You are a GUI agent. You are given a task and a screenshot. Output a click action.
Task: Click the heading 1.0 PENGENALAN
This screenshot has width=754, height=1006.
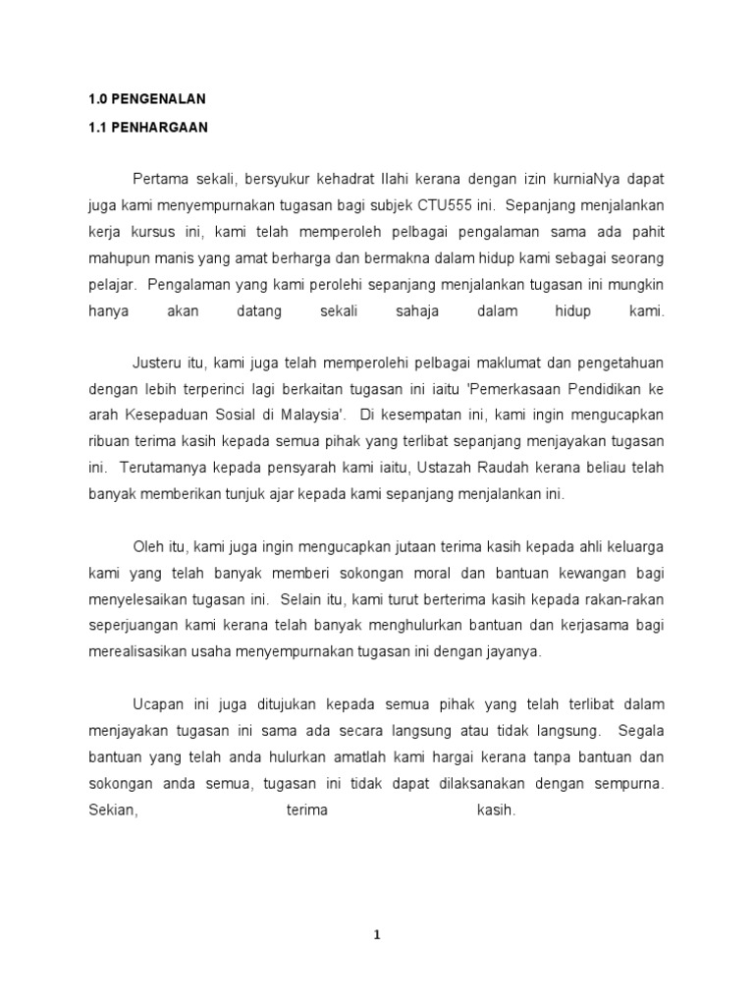(146, 99)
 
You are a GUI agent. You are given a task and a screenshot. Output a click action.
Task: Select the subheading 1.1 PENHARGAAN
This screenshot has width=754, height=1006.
(147, 128)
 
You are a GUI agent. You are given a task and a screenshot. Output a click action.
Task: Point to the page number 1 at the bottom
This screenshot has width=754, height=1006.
(377, 935)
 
